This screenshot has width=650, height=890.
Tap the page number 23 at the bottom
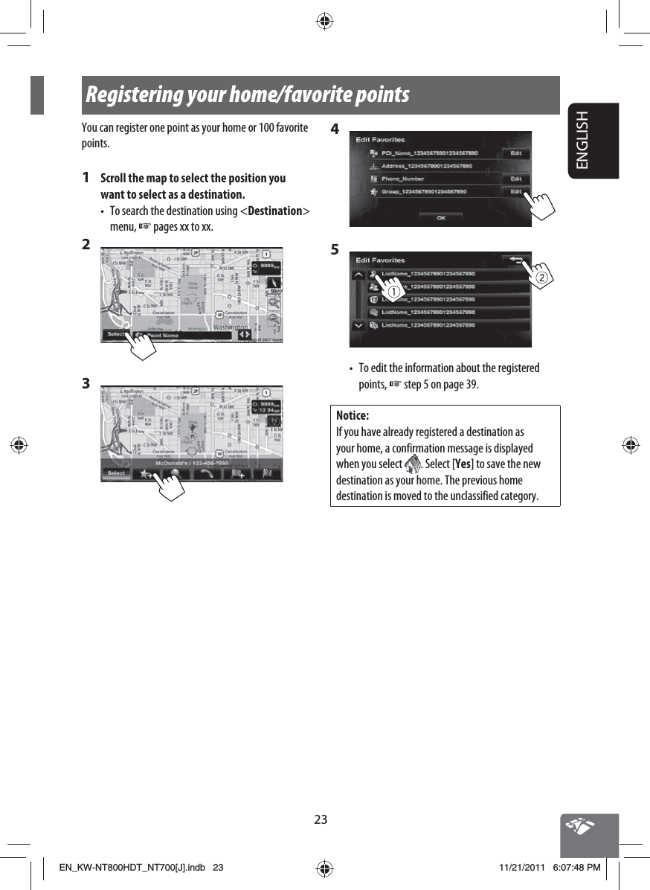(x=321, y=820)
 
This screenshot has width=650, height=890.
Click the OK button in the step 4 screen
(x=440, y=217)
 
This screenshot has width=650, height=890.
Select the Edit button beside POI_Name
(x=515, y=153)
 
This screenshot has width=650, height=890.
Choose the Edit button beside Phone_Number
(x=515, y=179)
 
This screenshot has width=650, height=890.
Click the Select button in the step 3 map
(x=116, y=473)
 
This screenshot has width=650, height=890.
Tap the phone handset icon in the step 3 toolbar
(x=206, y=474)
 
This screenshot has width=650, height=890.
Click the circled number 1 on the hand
(x=390, y=292)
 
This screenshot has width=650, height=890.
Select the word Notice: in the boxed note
(x=353, y=415)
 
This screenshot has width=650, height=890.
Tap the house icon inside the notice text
(x=411, y=465)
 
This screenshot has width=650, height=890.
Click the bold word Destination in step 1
(x=274, y=211)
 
